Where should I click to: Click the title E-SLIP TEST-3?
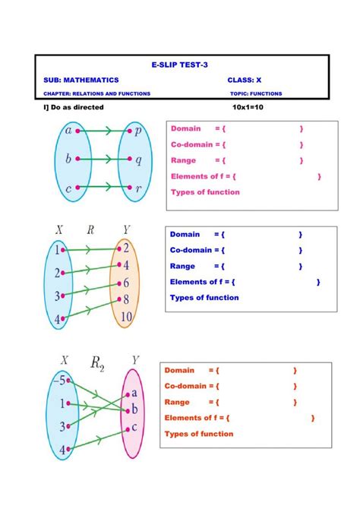click(180, 67)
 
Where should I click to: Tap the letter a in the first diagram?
click(68, 131)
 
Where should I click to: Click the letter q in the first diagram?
click(138, 160)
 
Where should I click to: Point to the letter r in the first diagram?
click(138, 188)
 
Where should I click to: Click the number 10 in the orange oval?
click(126, 316)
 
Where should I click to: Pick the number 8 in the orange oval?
click(126, 299)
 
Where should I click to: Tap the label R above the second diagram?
click(90, 229)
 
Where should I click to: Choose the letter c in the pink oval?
click(134, 426)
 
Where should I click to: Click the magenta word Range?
click(184, 160)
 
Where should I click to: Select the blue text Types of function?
click(204, 298)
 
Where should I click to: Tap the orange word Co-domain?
click(186, 386)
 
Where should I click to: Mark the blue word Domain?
click(185, 234)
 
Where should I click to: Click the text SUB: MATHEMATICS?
click(81, 80)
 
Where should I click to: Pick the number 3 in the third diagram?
click(64, 426)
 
